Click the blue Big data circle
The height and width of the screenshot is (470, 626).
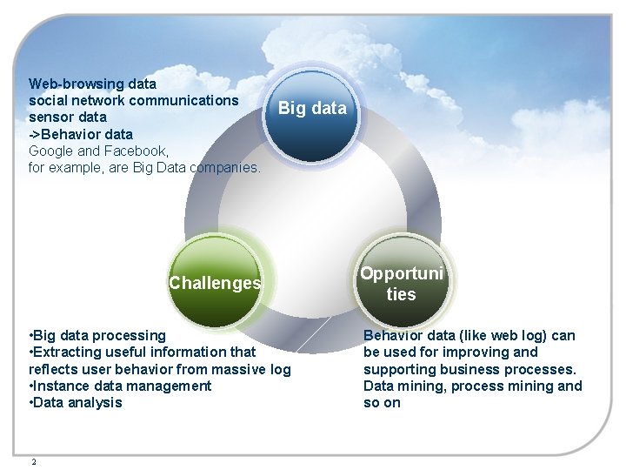(312, 114)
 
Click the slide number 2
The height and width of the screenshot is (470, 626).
(33, 462)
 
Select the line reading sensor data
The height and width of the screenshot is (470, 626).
(68, 117)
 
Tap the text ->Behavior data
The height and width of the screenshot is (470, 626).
(81, 134)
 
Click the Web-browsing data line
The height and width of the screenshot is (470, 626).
(92, 84)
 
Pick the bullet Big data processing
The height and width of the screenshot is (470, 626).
(97, 335)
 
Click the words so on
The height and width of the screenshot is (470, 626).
(382, 402)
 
